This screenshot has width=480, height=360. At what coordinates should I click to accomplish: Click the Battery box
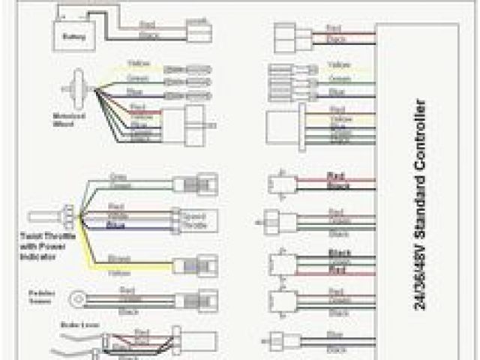click(x=70, y=33)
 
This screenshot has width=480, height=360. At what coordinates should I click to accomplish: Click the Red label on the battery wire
click(x=147, y=25)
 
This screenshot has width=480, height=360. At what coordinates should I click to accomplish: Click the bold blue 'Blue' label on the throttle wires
click(x=115, y=224)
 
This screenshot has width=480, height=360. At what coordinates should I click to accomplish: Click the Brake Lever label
click(x=72, y=327)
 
